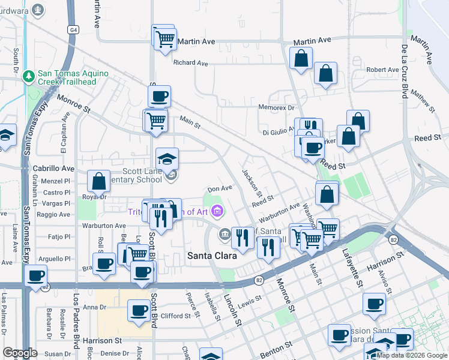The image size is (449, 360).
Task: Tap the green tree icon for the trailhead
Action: tap(28, 77)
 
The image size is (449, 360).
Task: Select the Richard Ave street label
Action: tap(190, 63)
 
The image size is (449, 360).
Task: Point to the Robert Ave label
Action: tap(382, 70)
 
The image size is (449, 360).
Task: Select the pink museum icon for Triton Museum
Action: tap(217, 211)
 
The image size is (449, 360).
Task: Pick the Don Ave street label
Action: tap(220, 188)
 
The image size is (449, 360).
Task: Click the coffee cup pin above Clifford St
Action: tap(140, 310)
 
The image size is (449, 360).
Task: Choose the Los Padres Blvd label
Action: tap(76, 324)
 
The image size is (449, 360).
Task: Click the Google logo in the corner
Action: tap(20, 353)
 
